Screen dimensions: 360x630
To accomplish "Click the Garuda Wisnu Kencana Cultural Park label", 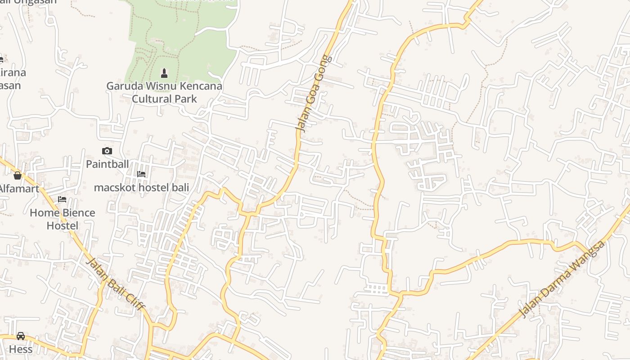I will [164, 92].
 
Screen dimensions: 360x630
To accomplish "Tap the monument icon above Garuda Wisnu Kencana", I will [164, 73].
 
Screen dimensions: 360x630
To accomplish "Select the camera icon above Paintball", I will [107, 151].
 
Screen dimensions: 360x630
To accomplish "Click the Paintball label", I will [108, 164].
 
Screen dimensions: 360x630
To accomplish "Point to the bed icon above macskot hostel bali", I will [141, 174].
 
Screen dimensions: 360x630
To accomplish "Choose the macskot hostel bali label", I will [141, 187].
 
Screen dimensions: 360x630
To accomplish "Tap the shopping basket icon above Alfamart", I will [18, 175].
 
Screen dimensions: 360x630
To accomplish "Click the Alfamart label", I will [19, 189].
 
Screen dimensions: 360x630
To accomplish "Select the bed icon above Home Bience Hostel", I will [62, 199].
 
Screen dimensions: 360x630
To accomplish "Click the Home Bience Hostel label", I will [63, 219].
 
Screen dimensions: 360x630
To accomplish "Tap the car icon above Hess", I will [21, 336].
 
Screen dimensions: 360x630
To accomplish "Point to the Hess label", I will [21, 349].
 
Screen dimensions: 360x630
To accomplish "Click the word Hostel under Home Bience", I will [63, 225].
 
